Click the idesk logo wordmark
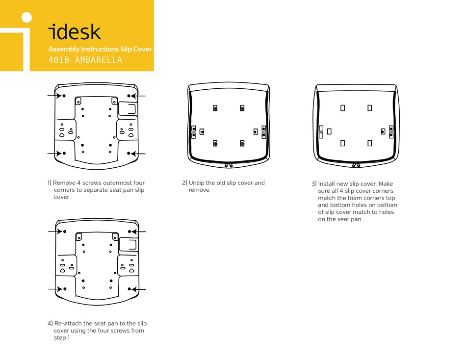point(75,32)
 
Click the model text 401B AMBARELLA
point(85,60)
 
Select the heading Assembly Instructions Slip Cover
point(100,49)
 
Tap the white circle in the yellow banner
point(27,18)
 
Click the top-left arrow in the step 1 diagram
point(54,95)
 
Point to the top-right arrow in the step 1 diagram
point(139,95)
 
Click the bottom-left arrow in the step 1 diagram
point(54,154)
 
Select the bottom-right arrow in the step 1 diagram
point(139,154)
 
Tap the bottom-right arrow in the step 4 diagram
point(140,289)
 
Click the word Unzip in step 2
point(197,183)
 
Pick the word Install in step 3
point(328,184)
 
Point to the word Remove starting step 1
point(64,183)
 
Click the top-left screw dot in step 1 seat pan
point(64,95)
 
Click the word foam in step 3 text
point(359,198)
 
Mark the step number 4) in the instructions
point(50,324)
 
